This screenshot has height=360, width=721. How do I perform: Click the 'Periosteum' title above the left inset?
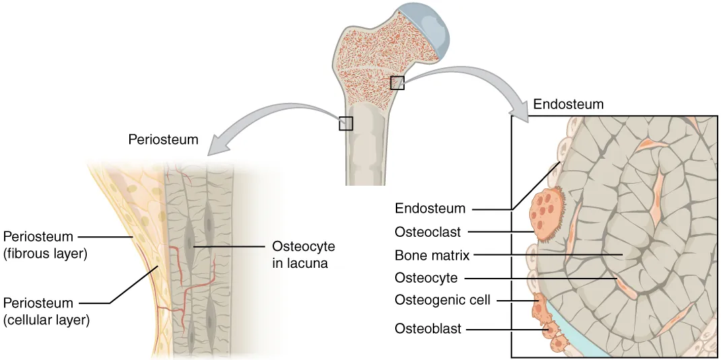point(163,140)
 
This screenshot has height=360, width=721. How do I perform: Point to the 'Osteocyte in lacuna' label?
point(303,254)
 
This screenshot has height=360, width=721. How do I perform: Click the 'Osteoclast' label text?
point(427,232)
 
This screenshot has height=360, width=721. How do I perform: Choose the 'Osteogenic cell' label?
point(442,300)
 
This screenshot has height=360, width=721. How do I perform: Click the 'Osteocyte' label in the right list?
point(426,277)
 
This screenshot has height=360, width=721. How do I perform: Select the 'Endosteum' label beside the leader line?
point(430,208)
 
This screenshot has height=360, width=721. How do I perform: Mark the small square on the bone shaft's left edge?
point(345,123)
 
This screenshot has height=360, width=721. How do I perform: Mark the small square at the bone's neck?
point(397,83)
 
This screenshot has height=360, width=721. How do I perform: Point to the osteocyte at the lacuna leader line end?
point(193,247)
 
